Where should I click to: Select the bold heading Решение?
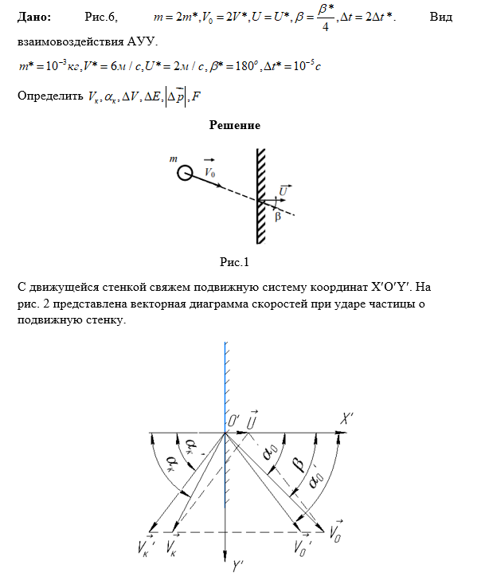[234, 125]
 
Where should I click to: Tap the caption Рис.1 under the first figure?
[235, 261]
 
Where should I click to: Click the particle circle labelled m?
[184, 172]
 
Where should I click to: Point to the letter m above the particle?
[174, 159]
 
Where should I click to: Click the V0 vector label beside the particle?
[210, 170]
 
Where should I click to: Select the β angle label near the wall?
[277, 215]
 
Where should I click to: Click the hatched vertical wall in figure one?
[260, 195]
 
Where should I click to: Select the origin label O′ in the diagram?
[236, 420]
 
